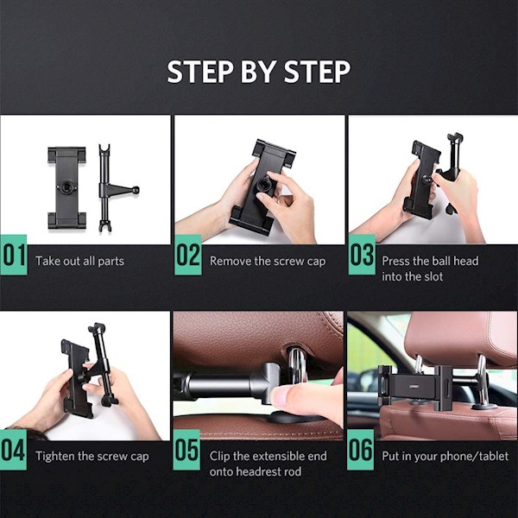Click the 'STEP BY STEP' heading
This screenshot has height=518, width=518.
click(259, 72)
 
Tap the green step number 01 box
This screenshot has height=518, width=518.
click(14, 255)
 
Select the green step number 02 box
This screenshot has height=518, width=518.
click(188, 255)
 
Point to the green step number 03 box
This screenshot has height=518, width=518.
click(362, 255)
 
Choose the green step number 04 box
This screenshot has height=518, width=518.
click(13, 450)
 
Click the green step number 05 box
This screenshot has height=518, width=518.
click(186, 450)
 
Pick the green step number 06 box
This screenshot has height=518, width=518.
click(360, 450)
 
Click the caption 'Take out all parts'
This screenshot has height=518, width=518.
click(80, 262)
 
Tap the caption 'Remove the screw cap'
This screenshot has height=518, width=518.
click(268, 262)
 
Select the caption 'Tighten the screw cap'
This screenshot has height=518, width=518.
click(92, 457)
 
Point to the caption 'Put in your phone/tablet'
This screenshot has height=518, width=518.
click(445, 456)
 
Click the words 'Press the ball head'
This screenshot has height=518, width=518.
click(430, 261)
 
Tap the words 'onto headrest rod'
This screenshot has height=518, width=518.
click(256, 471)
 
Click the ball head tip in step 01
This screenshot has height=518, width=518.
click(136, 190)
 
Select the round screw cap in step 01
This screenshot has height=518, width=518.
click(67, 187)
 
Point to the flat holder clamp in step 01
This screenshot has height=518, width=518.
click(66, 187)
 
